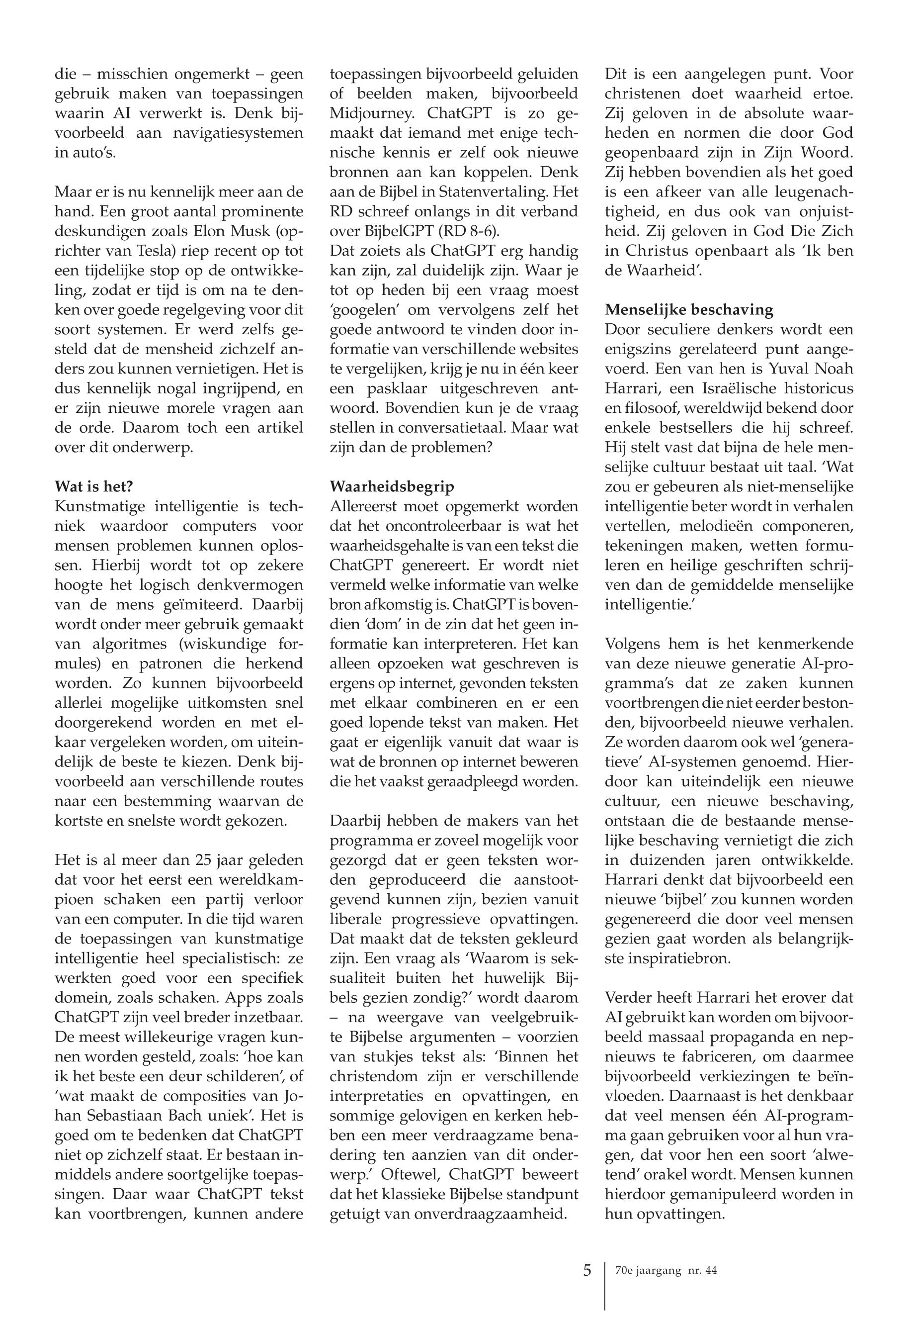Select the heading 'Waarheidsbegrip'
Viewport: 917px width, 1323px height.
click(x=392, y=486)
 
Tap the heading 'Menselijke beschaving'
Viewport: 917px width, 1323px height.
click(x=689, y=310)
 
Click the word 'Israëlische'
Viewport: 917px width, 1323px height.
click(x=736, y=388)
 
